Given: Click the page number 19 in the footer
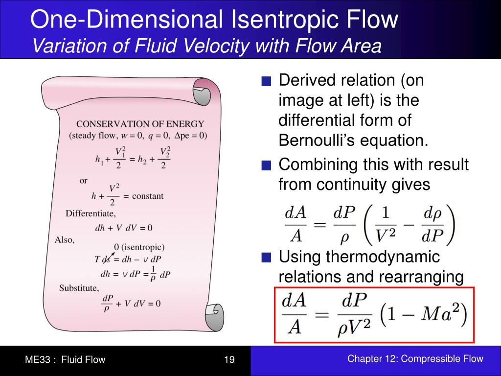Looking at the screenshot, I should [x=229, y=360].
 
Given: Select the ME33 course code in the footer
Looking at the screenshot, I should [x=38, y=360].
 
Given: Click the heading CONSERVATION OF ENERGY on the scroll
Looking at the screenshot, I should [x=140, y=124].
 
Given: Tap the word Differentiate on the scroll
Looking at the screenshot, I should [x=91, y=213].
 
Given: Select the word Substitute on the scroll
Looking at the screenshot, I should [x=79, y=288].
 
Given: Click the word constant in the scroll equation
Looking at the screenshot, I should [x=148, y=196].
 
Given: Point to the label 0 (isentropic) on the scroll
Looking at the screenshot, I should [x=139, y=247].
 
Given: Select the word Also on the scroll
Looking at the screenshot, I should [x=64, y=240].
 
